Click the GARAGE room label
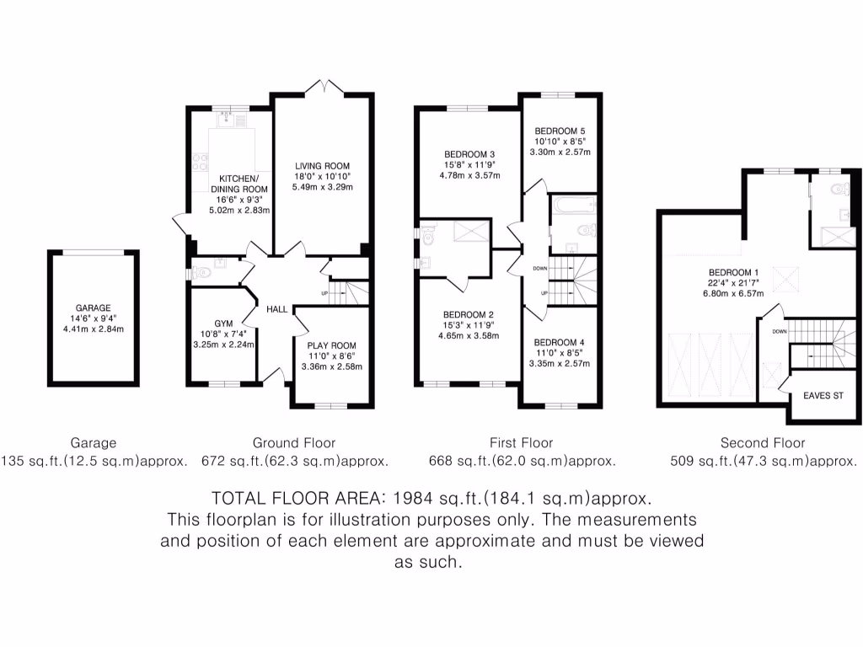pos(93,308)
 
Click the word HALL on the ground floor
pos(276,309)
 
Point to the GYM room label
pos(222,323)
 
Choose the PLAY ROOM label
pos(331,345)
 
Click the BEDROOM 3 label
pos(469,154)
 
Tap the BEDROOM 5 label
pos(560,131)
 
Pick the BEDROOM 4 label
pos(560,342)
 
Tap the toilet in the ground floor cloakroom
pos(200,272)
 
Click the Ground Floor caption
pos(294,443)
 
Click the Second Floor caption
pos(763,443)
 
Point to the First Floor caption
pos(521,443)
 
